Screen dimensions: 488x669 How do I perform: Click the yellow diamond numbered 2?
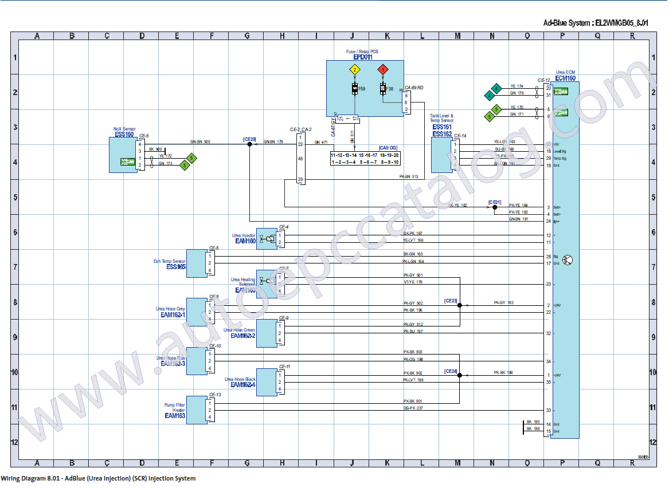click(x=355, y=70)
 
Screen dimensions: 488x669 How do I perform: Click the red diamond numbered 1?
click(x=382, y=70)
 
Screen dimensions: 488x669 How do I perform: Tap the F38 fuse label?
click(x=390, y=89)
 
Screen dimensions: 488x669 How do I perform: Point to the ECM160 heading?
click(x=565, y=78)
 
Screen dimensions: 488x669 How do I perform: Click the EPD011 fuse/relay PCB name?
click(x=362, y=57)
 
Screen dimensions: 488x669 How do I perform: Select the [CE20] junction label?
click(x=249, y=139)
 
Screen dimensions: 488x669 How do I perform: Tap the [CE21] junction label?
click(x=495, y=202)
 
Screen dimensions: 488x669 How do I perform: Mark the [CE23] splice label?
click(x=451, y=300)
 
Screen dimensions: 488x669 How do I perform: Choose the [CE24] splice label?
click(x=451, y=371)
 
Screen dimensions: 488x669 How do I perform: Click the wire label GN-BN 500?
click(x=200, y=141)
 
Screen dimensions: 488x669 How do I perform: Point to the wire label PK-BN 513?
click(x=409, y=176)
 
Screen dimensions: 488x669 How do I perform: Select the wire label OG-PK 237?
click(x=413, y=408)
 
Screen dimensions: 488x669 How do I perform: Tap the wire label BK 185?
click(x=533, y=422)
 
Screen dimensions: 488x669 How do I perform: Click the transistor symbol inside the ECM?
click(x=567, y=260)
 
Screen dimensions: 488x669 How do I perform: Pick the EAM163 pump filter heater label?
click(x=174, y=416)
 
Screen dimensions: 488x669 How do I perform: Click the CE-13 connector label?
click(x=215, y=394)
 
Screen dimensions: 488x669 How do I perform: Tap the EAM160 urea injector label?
click(x=245, y=241)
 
